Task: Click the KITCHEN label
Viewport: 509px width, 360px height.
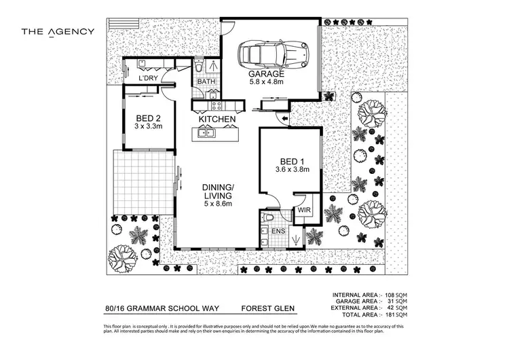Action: point(216,120)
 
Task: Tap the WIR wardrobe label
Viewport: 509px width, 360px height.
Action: point(303,211)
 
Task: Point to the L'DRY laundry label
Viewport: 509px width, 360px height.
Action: point(148,78)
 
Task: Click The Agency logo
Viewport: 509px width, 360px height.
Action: point(58,31)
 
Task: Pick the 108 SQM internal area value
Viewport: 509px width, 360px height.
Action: point(394,295)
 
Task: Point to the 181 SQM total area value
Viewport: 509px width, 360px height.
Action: point(394,315)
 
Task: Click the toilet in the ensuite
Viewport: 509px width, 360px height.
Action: point(267,218)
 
